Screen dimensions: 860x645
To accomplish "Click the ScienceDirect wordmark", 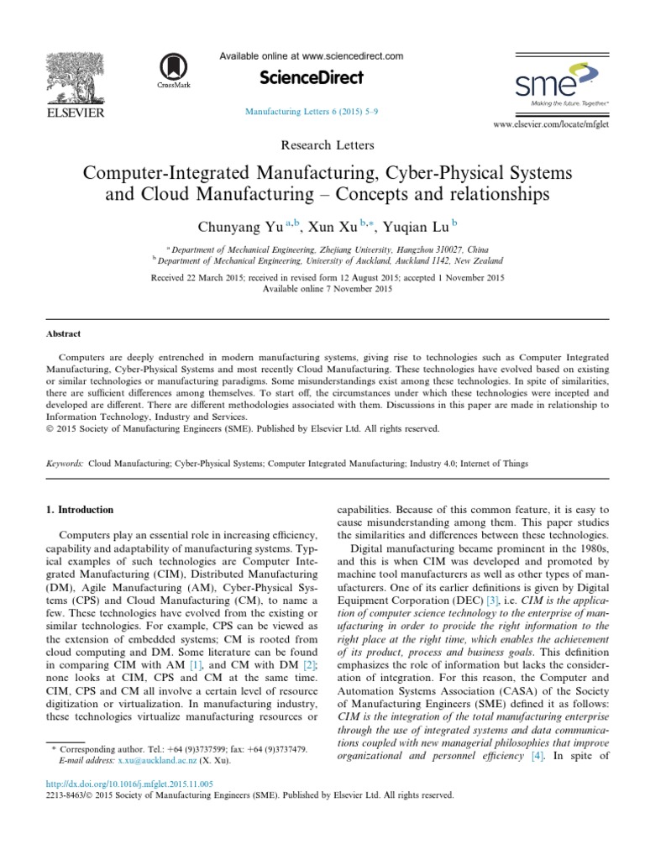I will point(311,78).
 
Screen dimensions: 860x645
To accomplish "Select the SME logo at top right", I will point(549,84).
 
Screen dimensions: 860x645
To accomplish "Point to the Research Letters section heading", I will point(322,146).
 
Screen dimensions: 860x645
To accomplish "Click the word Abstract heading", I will point(64,333).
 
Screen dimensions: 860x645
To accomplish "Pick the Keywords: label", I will point(65,463).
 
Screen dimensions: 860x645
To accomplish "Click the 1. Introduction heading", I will point(79,510).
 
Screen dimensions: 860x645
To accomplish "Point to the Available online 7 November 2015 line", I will point(322,289).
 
